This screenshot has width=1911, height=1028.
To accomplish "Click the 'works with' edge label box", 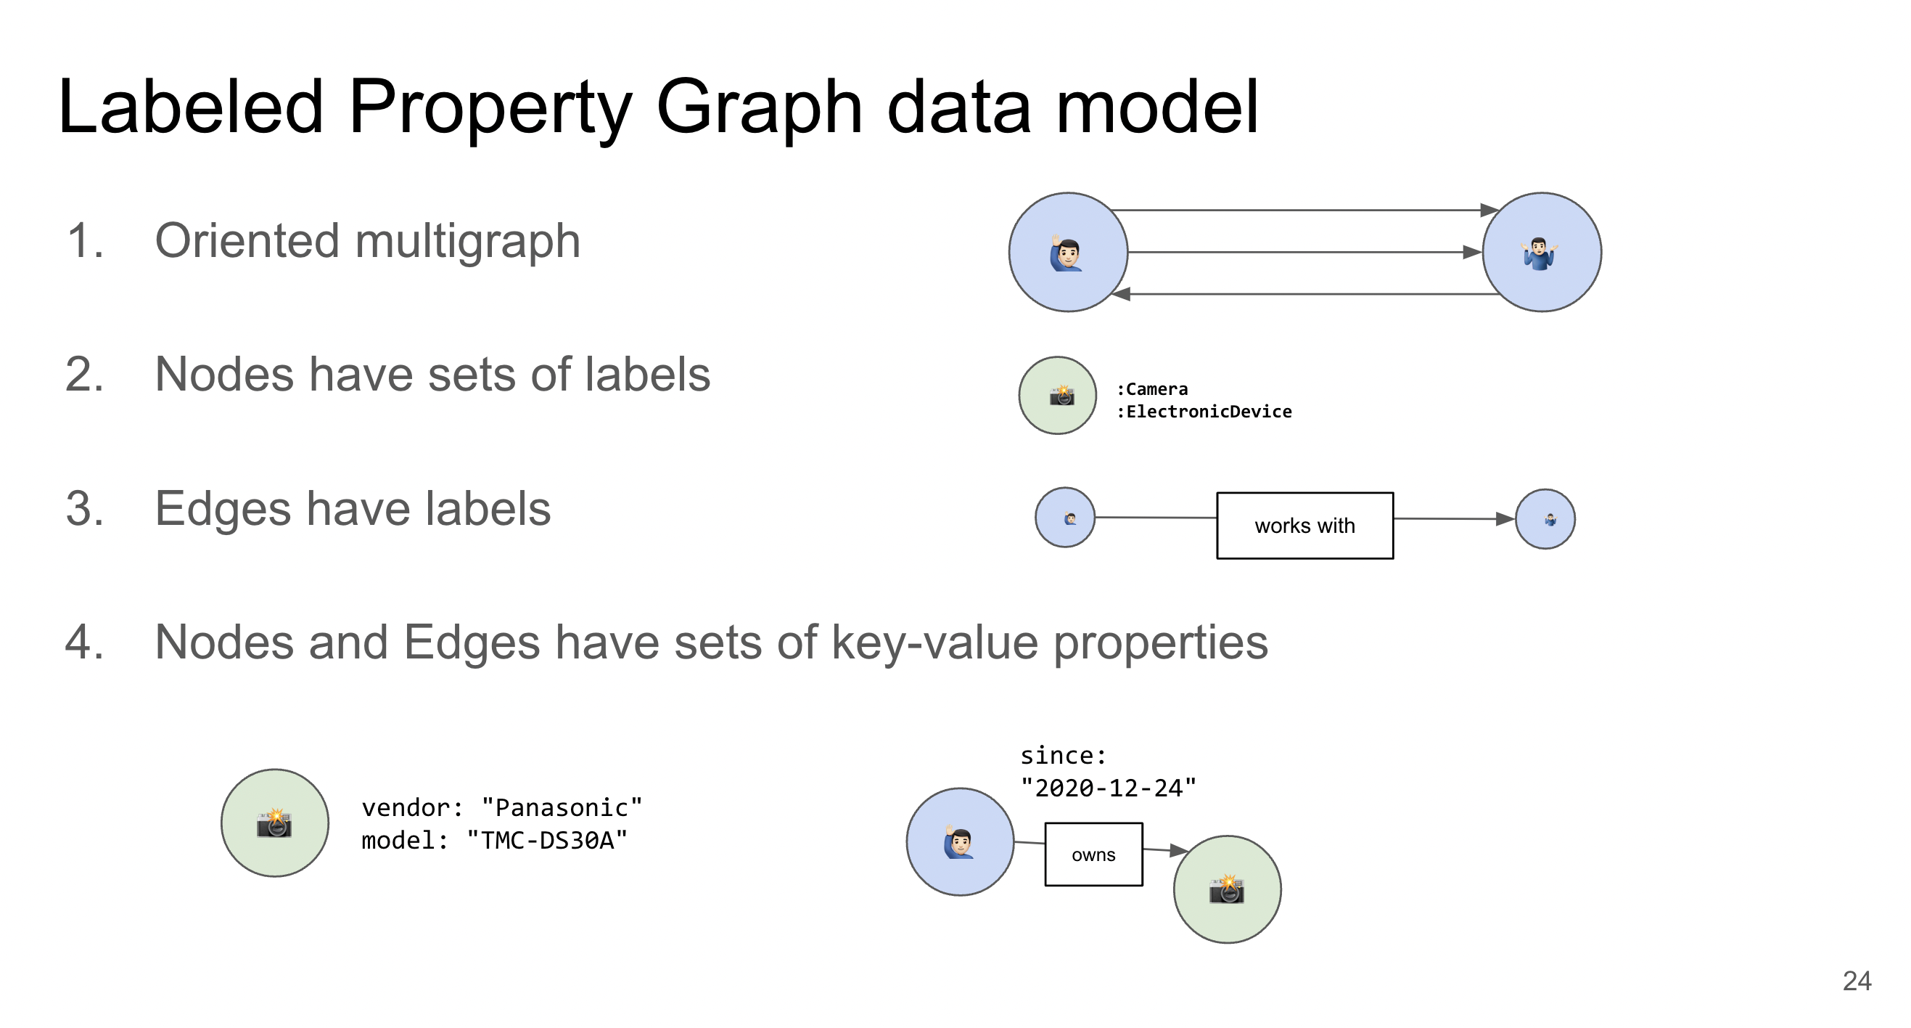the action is click(1305, 526).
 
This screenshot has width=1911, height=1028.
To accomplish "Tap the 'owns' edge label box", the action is click(1093, 854).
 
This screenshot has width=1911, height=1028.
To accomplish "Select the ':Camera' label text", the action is click(1152, 389).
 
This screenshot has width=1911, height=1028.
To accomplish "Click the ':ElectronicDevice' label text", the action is click(1204, 411).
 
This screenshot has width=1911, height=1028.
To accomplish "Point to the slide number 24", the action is click(1857, 982).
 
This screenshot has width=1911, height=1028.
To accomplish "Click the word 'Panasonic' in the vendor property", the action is click(562, 807).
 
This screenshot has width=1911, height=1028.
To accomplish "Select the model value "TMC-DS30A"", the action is click(547, 840).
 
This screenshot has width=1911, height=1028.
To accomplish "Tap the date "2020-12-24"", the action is click(1109, 788).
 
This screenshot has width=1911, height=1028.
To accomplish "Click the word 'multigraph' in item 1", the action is click(467, 242).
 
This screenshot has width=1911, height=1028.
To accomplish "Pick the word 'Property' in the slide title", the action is click(490, 109).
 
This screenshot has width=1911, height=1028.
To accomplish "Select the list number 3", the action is click(85, 509).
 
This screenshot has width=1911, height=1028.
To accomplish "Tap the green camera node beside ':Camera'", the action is click(1057, 396).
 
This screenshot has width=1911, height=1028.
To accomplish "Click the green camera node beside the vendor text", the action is click(274, 823).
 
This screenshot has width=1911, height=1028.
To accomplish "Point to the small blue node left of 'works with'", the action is click(1064, 518).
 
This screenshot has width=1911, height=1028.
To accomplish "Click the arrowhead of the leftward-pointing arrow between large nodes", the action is click(1121, 294).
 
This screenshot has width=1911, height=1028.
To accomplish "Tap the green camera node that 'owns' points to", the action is click(1227, 890).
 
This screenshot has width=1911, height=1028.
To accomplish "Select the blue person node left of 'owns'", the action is click(960, 841).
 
